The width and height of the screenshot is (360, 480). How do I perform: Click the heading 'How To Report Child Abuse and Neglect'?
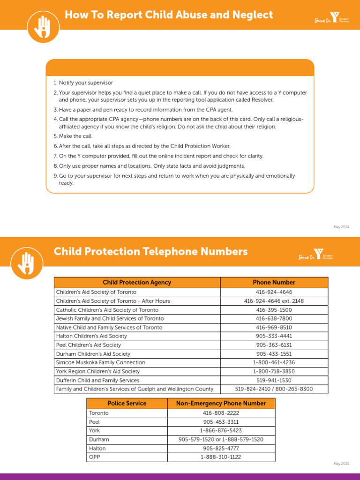tap(169, 15)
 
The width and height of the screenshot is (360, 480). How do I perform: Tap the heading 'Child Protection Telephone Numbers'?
tap(150, 252)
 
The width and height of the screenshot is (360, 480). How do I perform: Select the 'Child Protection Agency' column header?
tap(137, 282)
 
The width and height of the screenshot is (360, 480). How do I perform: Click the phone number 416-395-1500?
tap(274, 310)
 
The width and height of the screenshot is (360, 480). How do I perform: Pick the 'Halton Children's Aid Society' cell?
tap(91, 336)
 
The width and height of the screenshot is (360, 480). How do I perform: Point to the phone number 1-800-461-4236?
tap(274, 362)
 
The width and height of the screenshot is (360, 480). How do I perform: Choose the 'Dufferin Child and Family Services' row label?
tap(97, 380)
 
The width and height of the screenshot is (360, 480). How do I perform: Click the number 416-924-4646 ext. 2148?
tap(274, 301)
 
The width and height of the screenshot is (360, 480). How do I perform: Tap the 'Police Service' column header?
tap(127, 403)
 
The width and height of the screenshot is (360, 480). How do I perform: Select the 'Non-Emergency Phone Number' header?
tap(221, 403)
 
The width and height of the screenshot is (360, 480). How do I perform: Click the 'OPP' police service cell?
tap(94, 457)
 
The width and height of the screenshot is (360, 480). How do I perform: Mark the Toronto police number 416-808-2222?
tap(221, 413)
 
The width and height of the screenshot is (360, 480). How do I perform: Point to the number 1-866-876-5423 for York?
tap(221, 430)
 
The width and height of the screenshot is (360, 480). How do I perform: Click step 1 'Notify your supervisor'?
tap(86, 82)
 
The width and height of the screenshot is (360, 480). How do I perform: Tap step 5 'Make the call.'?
tap(73, 136)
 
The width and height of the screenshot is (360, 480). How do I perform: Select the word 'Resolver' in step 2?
tap(262, 100)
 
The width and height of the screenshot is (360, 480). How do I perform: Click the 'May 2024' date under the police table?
tap(341, 464)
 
